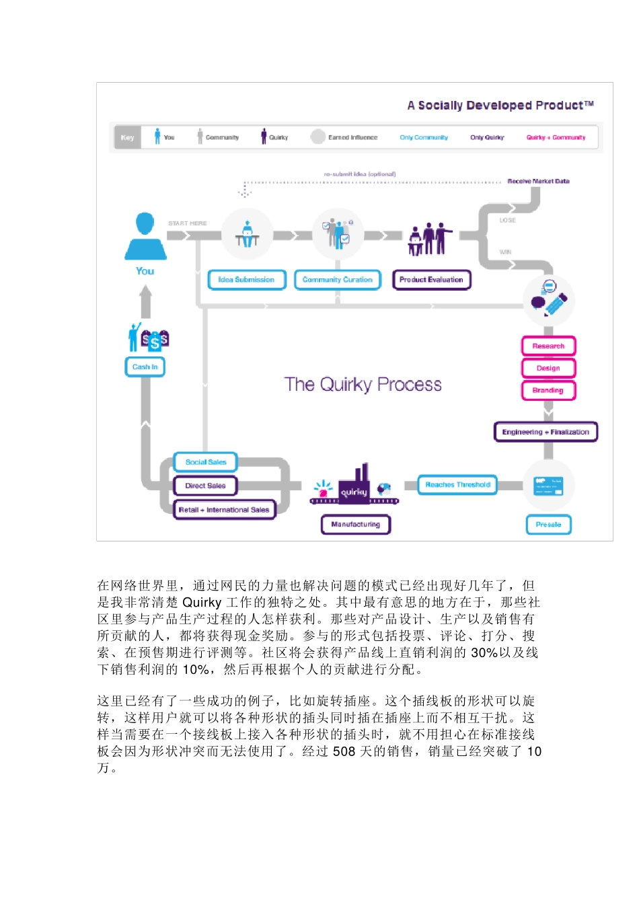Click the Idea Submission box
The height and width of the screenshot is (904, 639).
(x=247, y=280)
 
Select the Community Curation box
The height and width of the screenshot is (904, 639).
(x=338, y=280)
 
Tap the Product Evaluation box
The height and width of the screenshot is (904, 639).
(x=431, y=280)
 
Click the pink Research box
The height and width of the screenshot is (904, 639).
(x=548, y=346)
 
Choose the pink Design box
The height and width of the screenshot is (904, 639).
(x=548, y=369)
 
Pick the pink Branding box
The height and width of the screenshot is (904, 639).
(x=548, y=391)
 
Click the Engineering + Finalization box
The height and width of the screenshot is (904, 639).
(x=546, y=432)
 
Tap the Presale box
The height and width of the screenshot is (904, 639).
(x=548, y=525)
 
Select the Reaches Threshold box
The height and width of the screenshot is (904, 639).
(x=457, y=485)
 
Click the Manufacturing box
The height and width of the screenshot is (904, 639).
(x=356, y=525)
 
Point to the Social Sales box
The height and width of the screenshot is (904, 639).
(x=206, y=463)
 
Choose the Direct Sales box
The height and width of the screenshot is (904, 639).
(x=206, y=486)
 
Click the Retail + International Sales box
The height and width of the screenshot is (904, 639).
(x=224, y=510)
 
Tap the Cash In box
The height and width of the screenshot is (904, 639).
(x=145, y=367)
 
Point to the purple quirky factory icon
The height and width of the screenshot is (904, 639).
(x=354, y=487)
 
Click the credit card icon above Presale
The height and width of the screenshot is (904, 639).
(x=548, y=485)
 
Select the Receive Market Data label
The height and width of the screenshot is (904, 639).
(x=538, y=182)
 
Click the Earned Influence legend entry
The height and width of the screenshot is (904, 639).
(x=345, y=137)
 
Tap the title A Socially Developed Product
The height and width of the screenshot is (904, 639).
(x=500, y=106)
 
